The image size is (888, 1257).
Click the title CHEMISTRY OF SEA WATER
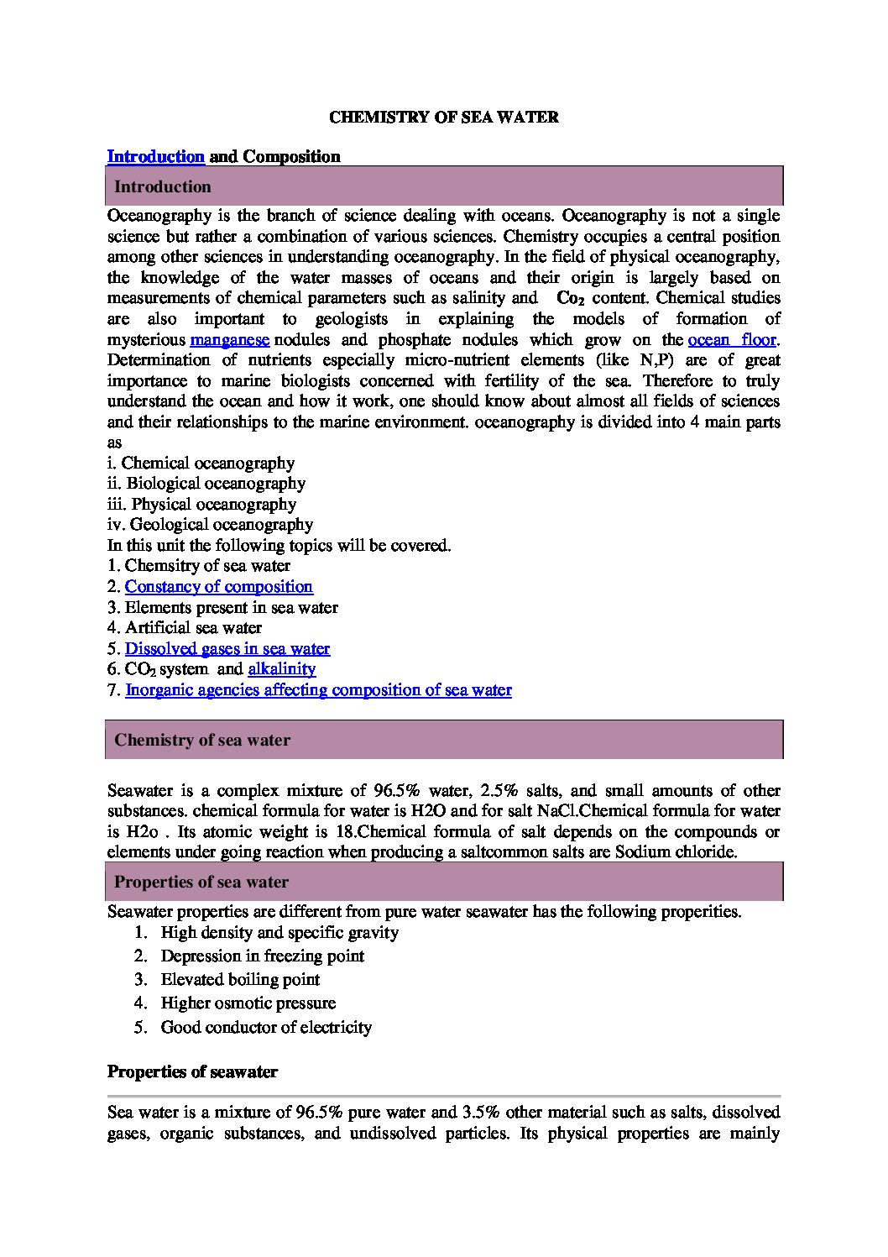[444, 118]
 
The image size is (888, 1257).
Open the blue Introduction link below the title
[156, 157]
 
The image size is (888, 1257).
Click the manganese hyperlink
[229, 340]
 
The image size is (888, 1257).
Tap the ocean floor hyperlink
[732, 340]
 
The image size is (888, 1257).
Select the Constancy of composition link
[219, 587]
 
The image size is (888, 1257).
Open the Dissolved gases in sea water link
[227, 649]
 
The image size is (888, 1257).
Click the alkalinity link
[282, 669]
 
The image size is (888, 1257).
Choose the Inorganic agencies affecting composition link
[318, 690]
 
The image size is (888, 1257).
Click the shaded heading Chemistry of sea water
[202, 741]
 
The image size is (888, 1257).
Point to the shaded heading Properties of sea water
[201, 883]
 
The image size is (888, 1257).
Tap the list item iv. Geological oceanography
[211, 525]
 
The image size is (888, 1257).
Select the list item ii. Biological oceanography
[206, 484]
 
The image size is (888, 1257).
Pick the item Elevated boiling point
[240, 980]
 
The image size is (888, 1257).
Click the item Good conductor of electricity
[266, 1028]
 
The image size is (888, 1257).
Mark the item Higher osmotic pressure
[248, 1003]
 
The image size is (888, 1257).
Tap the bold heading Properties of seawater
[192, 1073]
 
